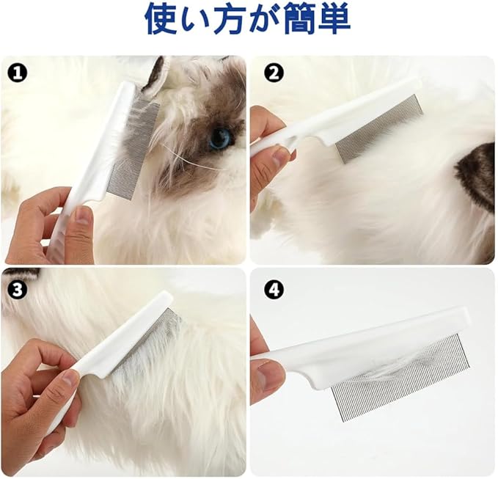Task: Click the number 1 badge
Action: point(18,73)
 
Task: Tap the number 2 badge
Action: point(274,73)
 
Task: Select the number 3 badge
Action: point(17,290)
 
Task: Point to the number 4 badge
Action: point(274,290)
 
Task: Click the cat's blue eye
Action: point(220,139)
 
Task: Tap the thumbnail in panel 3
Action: point(70,379)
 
